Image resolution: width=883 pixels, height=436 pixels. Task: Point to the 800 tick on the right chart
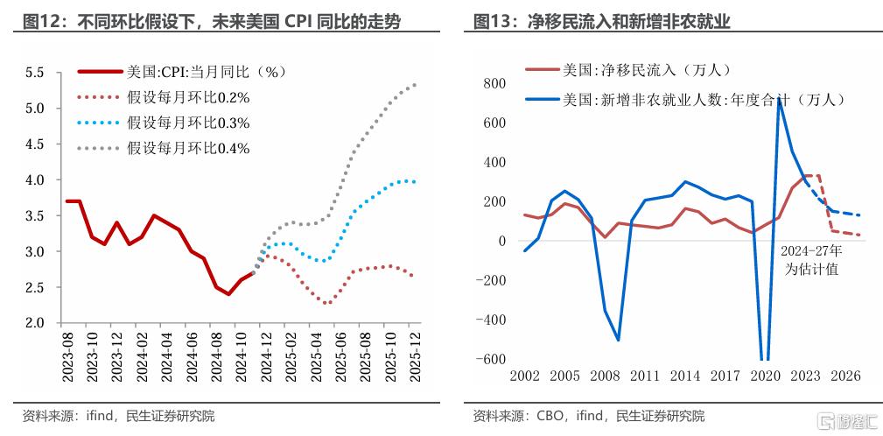pos(495,83)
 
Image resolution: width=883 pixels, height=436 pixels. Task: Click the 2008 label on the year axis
pos(605,376)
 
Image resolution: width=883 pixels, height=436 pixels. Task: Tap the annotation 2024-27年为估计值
pos(810,261)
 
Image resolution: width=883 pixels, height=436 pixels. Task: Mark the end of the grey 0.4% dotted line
pos(414,85)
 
